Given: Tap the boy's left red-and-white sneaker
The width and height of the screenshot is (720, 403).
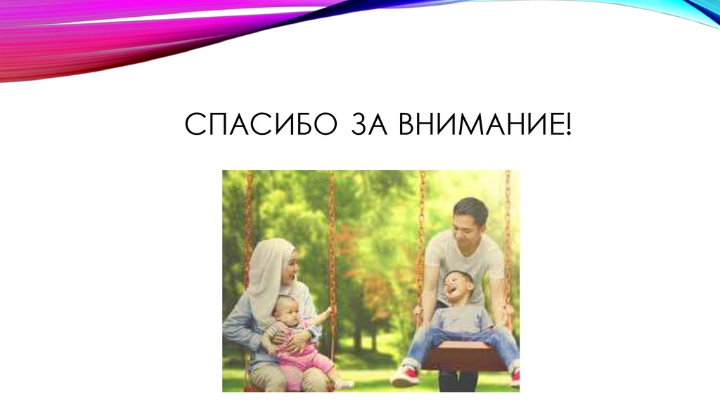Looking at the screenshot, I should (x=405, y=375).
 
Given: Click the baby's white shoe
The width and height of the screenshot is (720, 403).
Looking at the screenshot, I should (x=344, y=384).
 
